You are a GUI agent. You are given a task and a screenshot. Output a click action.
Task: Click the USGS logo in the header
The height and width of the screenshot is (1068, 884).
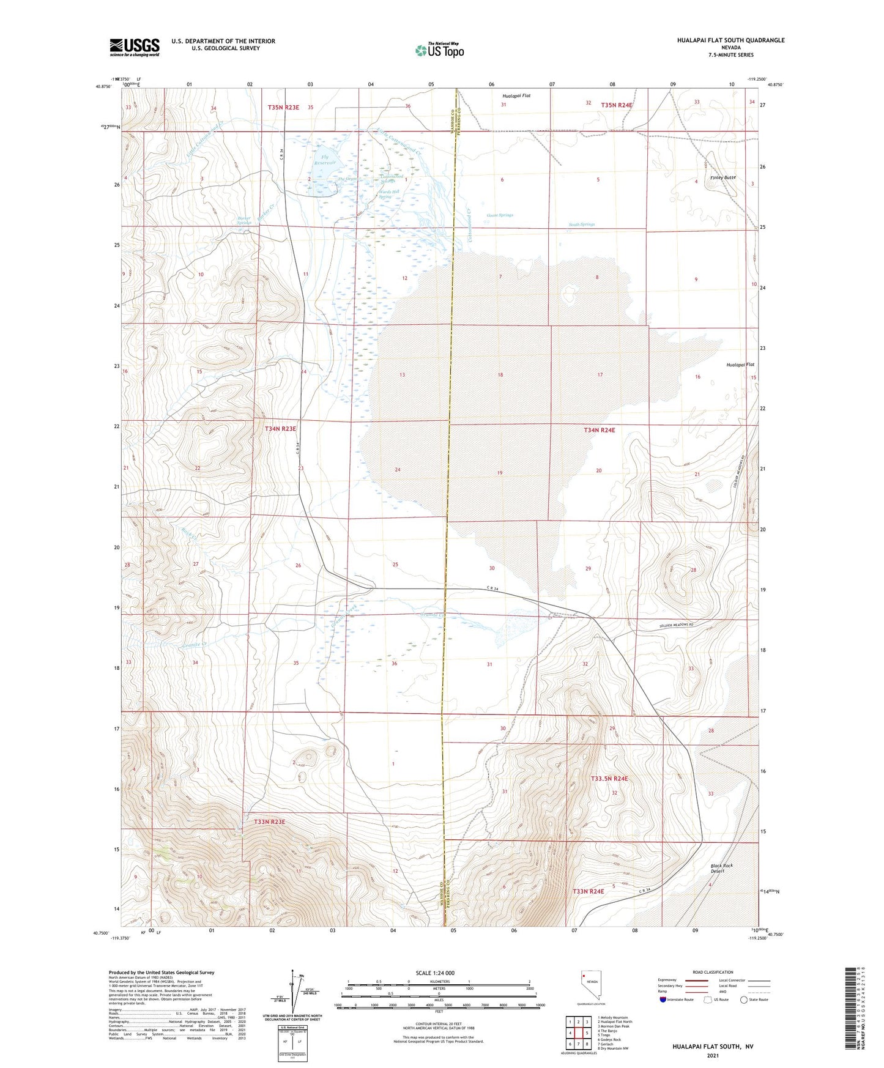click(135, 47)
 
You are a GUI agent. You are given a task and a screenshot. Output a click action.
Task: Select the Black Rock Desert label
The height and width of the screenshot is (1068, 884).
click(721, 868)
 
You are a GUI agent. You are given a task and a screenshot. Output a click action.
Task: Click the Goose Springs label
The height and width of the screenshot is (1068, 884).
click(500, 215)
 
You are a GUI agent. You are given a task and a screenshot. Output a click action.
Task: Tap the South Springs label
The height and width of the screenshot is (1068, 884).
click(581, 224)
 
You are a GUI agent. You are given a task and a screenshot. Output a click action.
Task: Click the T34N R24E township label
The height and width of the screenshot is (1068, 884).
click(599, 430)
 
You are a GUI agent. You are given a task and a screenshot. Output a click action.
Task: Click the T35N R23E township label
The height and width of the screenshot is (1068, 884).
click(283, 107)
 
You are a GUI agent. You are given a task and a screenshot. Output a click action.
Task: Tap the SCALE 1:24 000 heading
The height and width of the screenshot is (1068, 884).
click(435, 973)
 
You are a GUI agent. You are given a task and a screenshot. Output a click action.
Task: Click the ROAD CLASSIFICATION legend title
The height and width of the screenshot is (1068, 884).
click(713, 972)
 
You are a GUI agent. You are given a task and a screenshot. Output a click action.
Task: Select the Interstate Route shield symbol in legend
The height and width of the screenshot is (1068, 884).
click(663, 999)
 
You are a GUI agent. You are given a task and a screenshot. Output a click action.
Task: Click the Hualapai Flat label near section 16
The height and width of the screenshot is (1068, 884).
click(740, 365)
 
